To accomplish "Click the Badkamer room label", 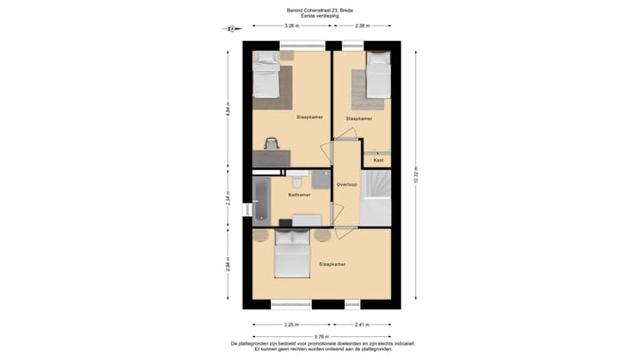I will [300, 195].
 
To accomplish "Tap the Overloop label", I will [347, 184].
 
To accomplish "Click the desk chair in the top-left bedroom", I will [272, 143].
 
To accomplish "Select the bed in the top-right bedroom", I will [378, 75].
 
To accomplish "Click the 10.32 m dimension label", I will [415, 176].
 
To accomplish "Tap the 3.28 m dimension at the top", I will [291, 26].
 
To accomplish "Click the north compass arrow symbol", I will [229, 28].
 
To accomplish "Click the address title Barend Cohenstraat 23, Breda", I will [319, 9].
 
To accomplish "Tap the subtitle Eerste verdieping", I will [319, 15].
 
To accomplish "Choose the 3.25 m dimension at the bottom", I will [291, 324].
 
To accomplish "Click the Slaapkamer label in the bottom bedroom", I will [332, 264].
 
